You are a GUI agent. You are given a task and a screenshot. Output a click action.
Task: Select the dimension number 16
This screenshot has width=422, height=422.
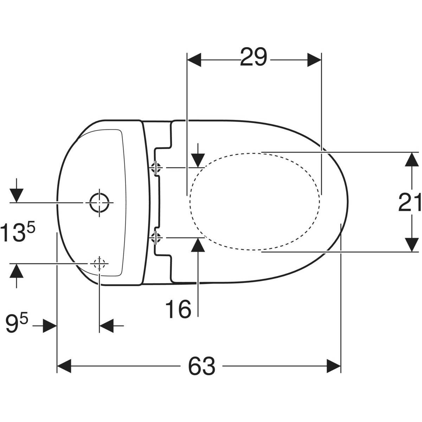[178, 309]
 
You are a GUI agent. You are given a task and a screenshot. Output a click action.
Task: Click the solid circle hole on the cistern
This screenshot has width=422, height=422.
[99, 203]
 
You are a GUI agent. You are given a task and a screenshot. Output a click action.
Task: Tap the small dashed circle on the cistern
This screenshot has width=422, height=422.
[99, 264]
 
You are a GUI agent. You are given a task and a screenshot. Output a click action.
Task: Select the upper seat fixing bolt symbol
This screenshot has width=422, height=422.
[156, 168]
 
